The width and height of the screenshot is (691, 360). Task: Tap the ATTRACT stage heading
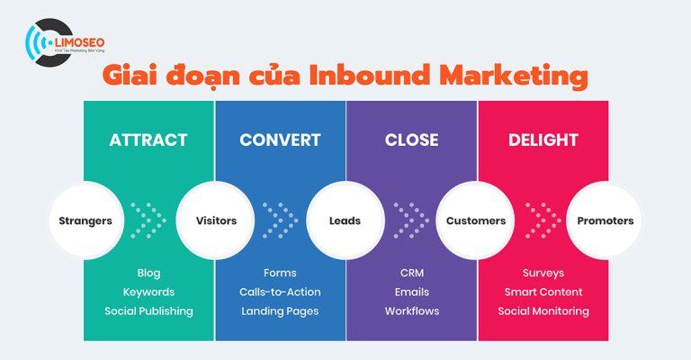coord(148,140)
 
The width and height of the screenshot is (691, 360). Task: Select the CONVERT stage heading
coord(280,140)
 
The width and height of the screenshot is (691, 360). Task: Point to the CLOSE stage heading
coord(411,140)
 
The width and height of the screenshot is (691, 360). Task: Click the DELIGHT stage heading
coord(543,140)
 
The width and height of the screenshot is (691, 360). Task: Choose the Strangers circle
coord(85,220)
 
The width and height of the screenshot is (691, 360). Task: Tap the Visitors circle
coord(216,220)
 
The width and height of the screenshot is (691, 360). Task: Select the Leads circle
coord(345,220)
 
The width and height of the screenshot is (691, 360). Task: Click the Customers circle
coord(476,220)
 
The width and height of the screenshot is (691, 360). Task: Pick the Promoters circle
coord(606,220)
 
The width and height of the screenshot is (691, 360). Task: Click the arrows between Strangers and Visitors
coord(149,220)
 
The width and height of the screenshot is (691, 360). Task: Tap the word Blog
coord(148,273)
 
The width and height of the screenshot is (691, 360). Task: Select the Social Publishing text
coord(148,311)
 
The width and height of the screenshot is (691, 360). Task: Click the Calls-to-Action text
coord(280,292)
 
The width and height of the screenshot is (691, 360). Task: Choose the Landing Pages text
coord(280,311)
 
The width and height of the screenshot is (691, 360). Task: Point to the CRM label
coord(411,273)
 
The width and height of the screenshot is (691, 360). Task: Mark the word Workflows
coord(411,311)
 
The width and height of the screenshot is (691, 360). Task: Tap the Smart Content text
coord(543,292)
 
